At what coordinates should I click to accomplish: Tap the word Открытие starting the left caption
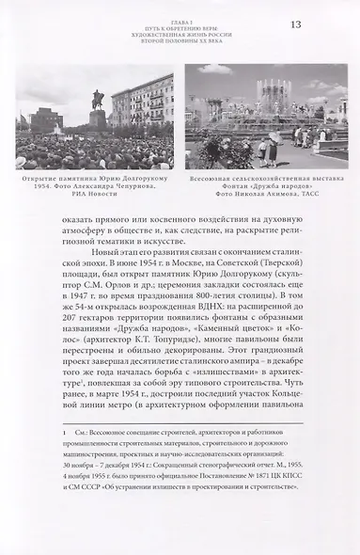[39, 183]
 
